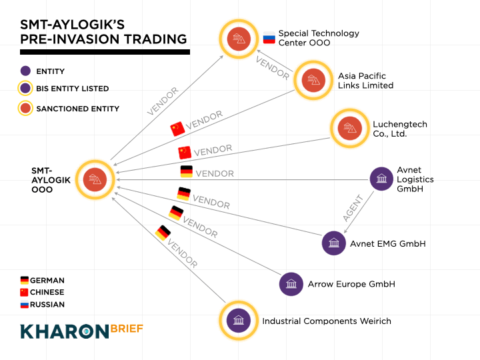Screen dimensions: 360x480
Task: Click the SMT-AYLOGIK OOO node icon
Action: [95, 179]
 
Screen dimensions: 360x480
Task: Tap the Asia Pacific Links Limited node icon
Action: [312, 80]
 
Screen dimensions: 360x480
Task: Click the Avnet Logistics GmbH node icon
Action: [382, 179]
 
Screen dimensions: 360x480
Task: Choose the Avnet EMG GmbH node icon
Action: [333, 243]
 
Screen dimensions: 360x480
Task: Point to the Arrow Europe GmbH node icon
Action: [291, 284]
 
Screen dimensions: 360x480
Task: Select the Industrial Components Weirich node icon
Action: [238, 320]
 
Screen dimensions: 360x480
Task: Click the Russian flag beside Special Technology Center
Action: [269, 37]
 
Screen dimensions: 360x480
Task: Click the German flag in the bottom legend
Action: [25, 281]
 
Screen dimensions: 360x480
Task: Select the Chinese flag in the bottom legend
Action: [25, 293]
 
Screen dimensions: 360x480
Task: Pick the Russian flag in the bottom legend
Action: [25, 305]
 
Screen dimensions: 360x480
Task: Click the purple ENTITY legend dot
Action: [25, 71]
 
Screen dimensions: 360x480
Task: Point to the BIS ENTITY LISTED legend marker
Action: [25, 88]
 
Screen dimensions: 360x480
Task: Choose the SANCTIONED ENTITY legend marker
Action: [25, 108]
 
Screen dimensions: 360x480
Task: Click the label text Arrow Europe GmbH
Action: [351, 284]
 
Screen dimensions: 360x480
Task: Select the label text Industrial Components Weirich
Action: [326, 321]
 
